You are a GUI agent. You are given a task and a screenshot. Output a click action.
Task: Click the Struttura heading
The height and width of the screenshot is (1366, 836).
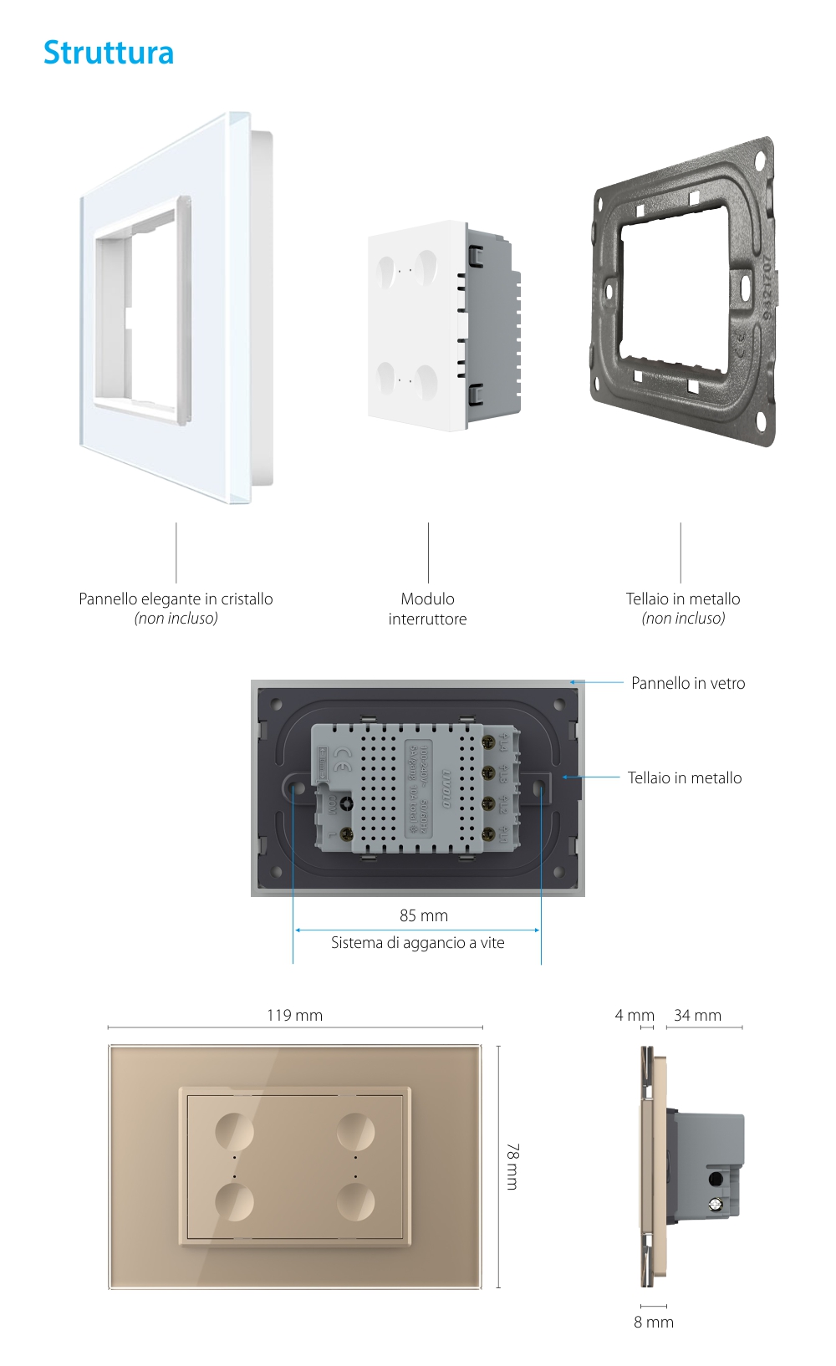(109, 53)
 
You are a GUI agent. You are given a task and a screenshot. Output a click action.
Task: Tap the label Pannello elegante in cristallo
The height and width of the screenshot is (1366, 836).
(176, 599)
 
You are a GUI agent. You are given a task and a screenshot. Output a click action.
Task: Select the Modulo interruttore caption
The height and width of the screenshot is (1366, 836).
(427, 609)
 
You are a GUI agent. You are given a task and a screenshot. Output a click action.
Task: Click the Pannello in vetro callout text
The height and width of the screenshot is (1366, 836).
(688, 683)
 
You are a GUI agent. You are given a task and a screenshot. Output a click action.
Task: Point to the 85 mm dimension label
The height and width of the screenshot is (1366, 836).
(424, 915)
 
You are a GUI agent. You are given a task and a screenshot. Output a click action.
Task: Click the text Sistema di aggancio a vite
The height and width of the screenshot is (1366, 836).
(417, 942)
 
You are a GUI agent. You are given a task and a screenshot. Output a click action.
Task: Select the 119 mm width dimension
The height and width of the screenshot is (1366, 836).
(294, 1015)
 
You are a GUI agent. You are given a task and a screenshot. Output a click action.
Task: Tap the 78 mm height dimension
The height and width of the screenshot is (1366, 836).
(512, 1166)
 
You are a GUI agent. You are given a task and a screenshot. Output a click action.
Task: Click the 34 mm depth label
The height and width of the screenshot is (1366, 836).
(697, 1015)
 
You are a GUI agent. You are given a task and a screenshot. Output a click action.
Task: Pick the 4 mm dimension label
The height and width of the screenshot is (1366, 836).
(635, 1015)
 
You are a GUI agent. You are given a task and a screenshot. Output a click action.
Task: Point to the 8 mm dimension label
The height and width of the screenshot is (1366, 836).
(653, 1322)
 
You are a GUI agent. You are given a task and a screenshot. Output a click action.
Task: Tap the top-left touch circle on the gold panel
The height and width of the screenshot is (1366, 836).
(234, 1131)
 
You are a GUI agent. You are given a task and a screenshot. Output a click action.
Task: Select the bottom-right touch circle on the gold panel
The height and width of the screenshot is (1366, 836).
(356, 1202)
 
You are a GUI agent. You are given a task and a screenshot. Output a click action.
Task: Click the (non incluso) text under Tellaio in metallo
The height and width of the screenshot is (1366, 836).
(683, 619)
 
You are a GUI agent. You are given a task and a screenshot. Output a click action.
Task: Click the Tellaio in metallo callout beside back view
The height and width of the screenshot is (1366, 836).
(685, 777)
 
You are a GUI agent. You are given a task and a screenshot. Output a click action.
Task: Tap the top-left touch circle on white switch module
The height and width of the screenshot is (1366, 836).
(389, 269)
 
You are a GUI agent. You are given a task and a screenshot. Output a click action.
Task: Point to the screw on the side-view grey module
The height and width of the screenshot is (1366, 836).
(715, 1205)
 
